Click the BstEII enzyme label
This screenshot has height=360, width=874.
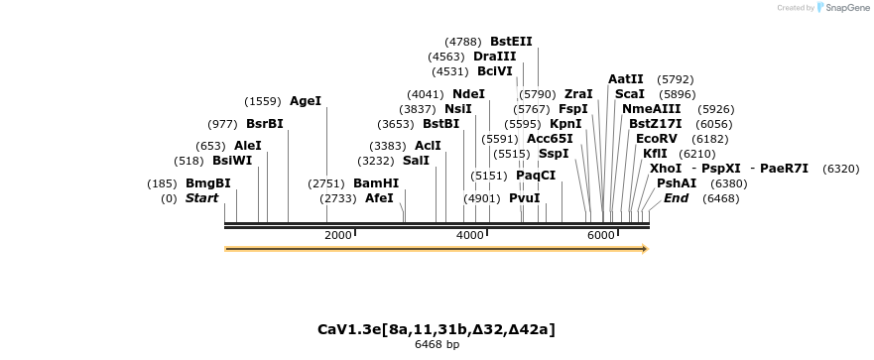pyautogui.click(x=511, y=42)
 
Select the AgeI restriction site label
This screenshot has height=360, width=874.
pyautogui.click(x=306, y=101)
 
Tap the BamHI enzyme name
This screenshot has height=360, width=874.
pyautogui.click(x=376, y=183)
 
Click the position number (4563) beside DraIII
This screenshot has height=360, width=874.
pyautogui.click(x=445, y=57)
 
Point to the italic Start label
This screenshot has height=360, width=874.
pyautogui.click(x=201, y=198)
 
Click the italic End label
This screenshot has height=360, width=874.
pyautogui.click(x=676, y=198)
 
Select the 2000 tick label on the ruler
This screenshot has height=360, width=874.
pyautogui.click(x=338, y=235)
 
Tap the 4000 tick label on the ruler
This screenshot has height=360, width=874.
pyautogui.click(x=469, y=235)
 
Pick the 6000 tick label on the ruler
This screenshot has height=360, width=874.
pyautogui.click(x=601, y=235)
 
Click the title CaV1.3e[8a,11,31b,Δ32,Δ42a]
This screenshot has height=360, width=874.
pyautogui.click(x=437, y=328)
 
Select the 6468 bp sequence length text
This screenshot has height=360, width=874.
pyautogui.click(x=437, y=345)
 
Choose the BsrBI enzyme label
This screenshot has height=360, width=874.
pyautogui.click(x=265, y=124)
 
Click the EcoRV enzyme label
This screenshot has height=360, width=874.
pyautogui.click(x=656, y=139)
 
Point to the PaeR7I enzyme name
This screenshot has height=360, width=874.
pyautogui.click(x=784, y=169)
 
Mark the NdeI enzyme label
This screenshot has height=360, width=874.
pyautogui.click(x=468, y=94)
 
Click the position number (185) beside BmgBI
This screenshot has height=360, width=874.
pyautogui.click(x=162, y=183)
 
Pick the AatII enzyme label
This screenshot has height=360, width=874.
pyautogui.click(x=626, y=79)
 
